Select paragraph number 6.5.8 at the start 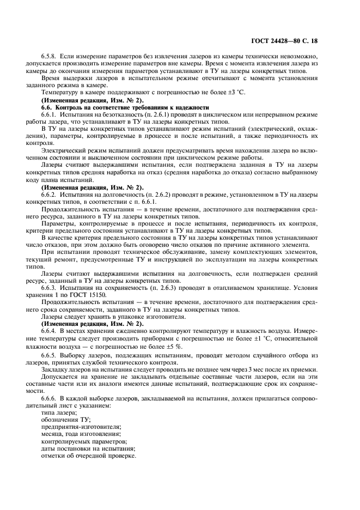tap(50, 56)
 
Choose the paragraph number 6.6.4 tap(50, 330)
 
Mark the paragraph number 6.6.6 tap(50, 398)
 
